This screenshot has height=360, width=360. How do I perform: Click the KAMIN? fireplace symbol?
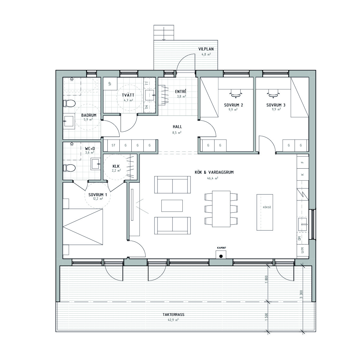[x=221, y=255]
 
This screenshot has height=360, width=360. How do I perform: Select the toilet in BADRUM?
[x=69, y=103]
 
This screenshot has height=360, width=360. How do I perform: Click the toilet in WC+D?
[x=69, y=168]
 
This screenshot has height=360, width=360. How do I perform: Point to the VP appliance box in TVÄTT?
[x=110, y=84]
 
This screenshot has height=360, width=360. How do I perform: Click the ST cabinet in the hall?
[x=113, y=145]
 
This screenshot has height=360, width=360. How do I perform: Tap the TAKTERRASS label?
[x=173, y=314]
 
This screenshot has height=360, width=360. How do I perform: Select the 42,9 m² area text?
[x=173, y=319]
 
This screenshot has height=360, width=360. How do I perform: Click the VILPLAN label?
[x=206, y=49]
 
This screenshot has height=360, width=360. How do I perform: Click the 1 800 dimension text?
[x=266, y=279]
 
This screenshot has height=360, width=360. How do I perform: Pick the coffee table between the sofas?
[x=172, y=206]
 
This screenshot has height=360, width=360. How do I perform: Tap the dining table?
[x=221, y=209]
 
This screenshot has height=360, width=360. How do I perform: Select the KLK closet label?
[x=116, y=166]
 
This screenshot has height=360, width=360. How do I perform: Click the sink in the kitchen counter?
[x=302, y=224]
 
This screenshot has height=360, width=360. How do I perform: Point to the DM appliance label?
[x=299, y=238]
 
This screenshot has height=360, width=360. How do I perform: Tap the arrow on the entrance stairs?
[x=164, y=33]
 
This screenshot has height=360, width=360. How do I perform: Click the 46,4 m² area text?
[x=213, y=178]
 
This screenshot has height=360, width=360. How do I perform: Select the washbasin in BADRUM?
[x=69, y=121]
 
